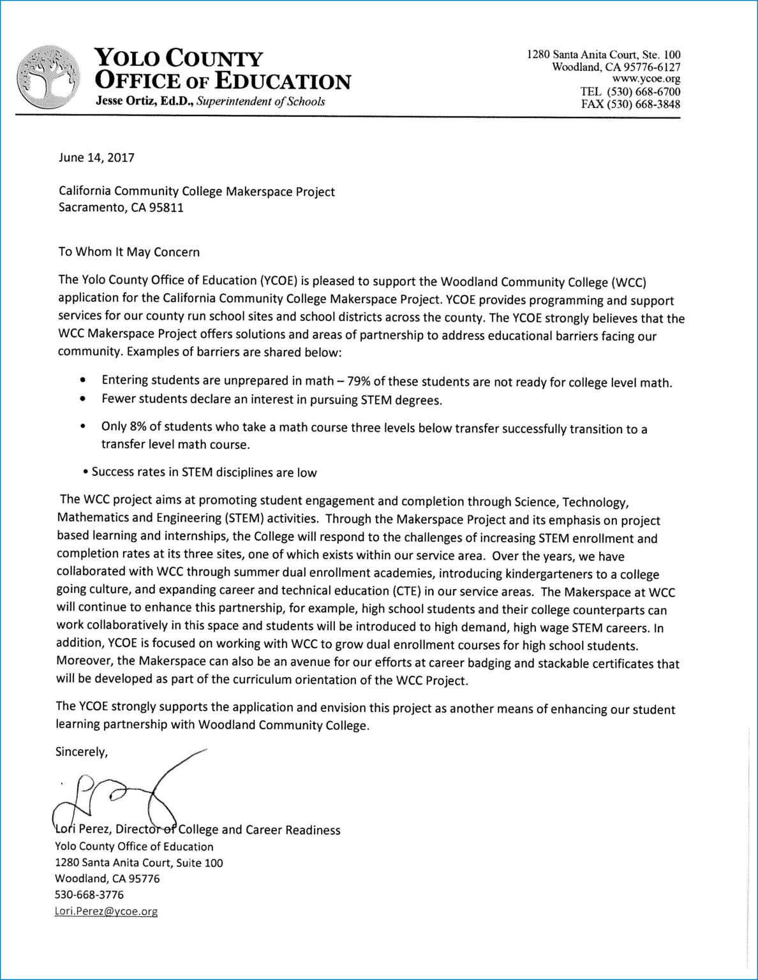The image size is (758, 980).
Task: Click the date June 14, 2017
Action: tap(96, 158)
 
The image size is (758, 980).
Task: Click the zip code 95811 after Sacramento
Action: tap(166, 207)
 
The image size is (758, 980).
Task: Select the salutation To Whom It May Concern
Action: tap(129, 251)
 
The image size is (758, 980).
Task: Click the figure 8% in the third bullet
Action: tap(136, 427)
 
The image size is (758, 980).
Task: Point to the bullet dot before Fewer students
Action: tap(83, 399)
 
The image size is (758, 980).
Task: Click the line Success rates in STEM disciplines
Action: tap(204, 473)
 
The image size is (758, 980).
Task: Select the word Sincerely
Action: tap(82, 752)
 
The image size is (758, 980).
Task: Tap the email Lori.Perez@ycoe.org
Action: tap(106, 911)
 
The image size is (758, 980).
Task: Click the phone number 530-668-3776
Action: tap(89, 895)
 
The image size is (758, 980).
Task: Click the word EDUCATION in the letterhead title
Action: tap(283, 81)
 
